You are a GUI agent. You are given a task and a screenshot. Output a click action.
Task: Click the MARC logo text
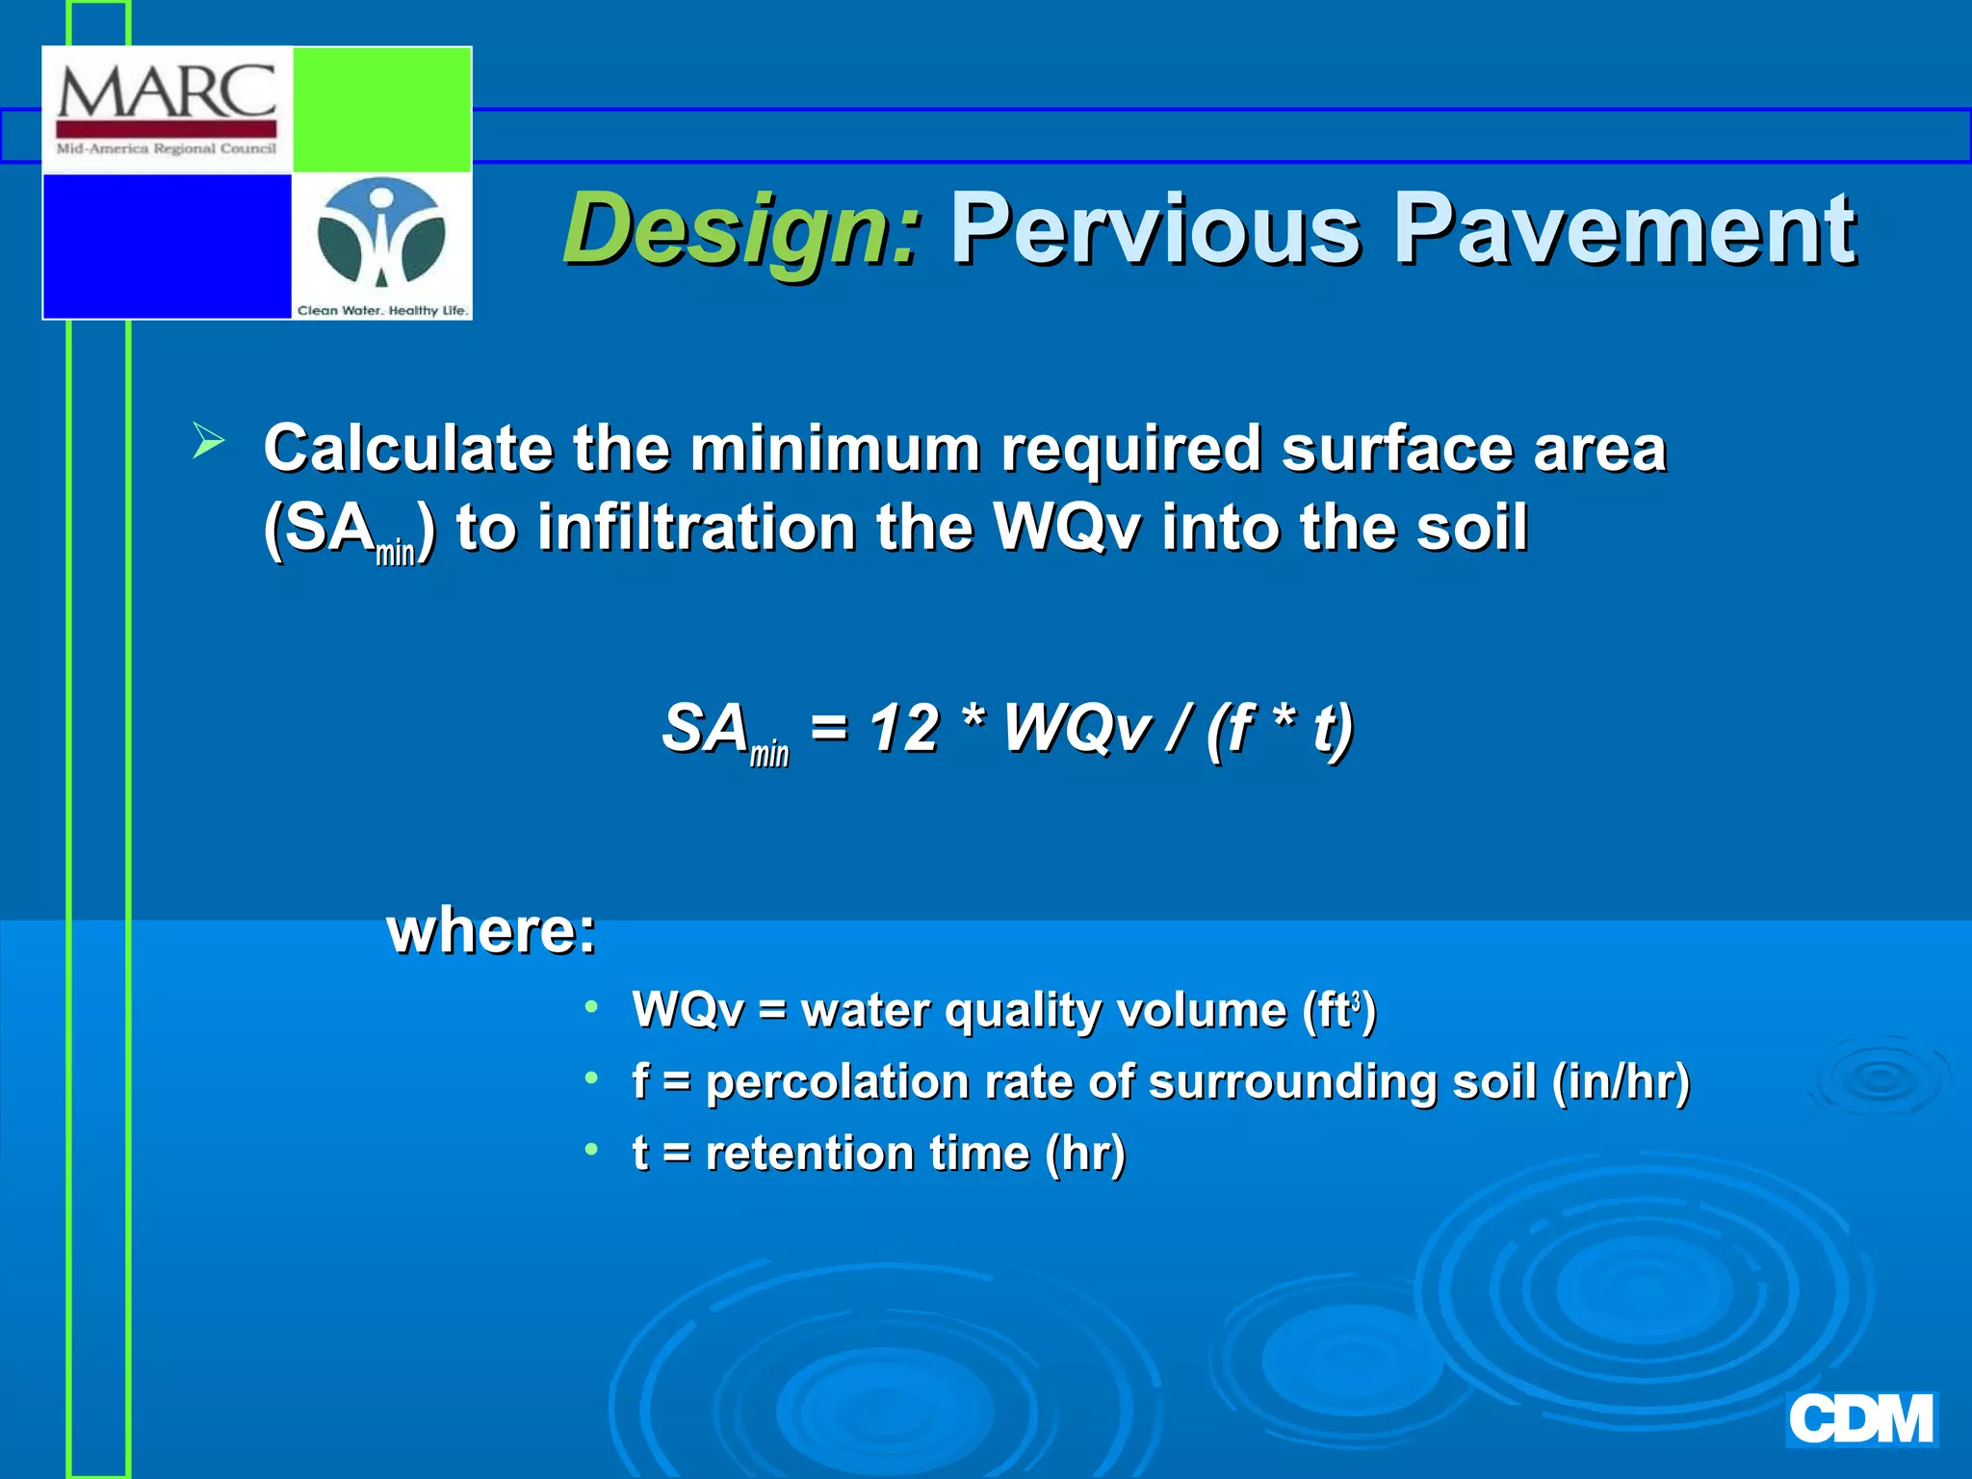[x=167, y=92]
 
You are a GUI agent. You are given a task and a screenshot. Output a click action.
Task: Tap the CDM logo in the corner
[x=1860, y=1419]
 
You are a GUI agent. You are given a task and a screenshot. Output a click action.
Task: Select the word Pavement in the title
[x=1624, y=229]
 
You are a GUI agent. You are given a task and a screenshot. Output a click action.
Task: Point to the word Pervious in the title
[x=1155, y=229]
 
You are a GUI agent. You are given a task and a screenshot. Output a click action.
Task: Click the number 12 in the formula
[x=903, y=728]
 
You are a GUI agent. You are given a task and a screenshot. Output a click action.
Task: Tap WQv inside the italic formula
[x=1077, y=728]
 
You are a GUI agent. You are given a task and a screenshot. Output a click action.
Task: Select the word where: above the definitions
[x=491, y=931]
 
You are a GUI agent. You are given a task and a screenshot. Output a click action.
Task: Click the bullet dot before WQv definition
[x=591, y=1007]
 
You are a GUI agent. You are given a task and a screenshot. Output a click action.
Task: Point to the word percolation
[x=837, y=1082]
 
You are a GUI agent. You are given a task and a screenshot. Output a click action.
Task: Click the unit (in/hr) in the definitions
[x=1621, y=1081]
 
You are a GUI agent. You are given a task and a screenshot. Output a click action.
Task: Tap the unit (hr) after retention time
[x=1085, y=1154]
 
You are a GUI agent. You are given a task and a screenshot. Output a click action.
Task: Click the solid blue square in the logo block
[x=168, y=246]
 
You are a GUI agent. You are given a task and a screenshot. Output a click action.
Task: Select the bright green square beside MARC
[x=381, y=109]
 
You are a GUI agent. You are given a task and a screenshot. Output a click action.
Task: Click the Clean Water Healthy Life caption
[x=382, y=310]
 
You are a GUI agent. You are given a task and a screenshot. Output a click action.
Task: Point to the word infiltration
[x=696, y=528]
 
